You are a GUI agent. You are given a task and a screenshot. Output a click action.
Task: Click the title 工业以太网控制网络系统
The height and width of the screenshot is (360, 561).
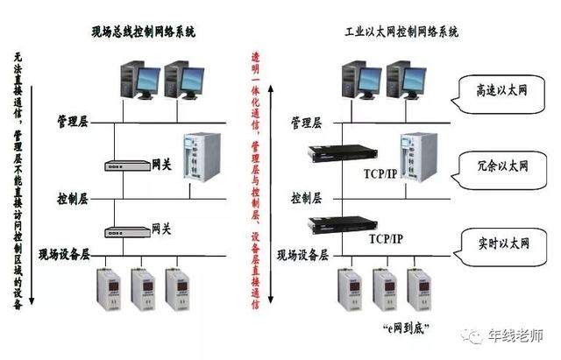[401, 32]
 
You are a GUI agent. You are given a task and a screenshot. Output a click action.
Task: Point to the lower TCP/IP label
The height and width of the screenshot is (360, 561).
[386, 238]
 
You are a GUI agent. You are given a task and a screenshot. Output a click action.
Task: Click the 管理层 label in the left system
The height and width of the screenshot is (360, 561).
[73, 118]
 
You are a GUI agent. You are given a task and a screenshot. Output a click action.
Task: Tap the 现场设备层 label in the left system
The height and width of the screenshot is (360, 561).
[65, 255]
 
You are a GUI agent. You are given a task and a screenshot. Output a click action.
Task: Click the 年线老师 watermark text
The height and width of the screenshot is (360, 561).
[523, 336]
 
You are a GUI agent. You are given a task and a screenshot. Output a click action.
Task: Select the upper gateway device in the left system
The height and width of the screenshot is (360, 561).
[126, 165]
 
